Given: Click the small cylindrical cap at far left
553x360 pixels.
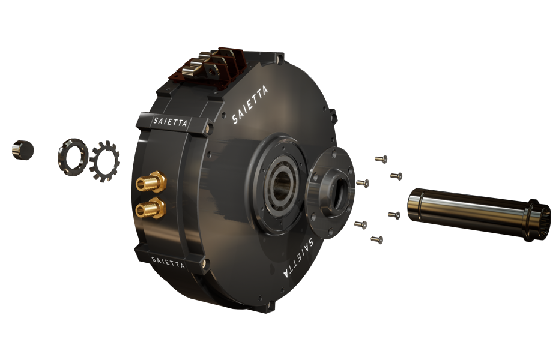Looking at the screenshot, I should tap(22, 149).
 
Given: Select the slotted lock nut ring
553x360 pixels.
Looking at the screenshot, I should tap(72, 157).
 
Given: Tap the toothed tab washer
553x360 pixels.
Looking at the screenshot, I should tap(104, 161).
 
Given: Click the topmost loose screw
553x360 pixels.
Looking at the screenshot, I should tap(380, 159).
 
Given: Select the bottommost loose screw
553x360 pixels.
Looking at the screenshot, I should tap(376, 239).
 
